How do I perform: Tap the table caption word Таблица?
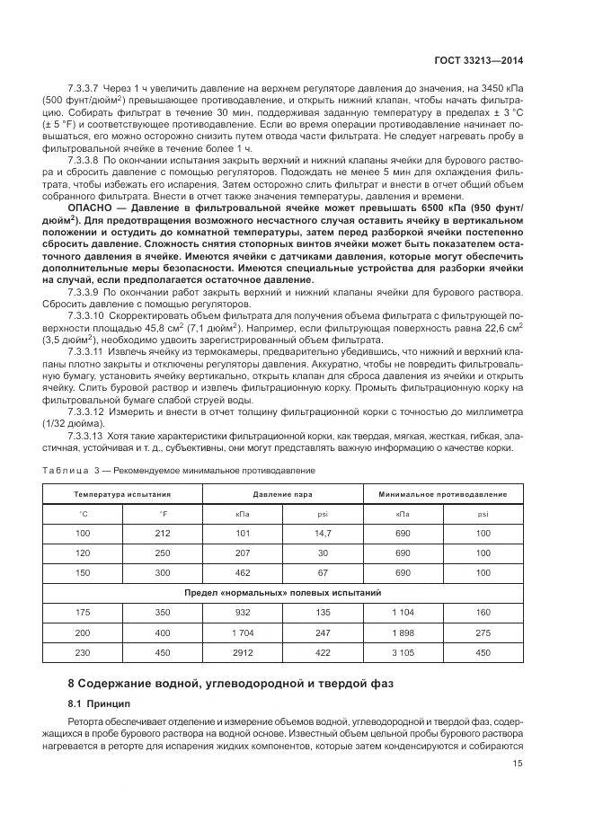click(x=64, y=470)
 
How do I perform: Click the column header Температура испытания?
click(x=122, y=494)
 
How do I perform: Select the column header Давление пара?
click(x=282, y=494)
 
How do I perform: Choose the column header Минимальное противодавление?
click(x=442, y=494)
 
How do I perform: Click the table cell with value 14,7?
click(x=324, y=535)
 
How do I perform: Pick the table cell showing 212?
click(x=163, y=535)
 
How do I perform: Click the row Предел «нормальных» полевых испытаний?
click(x=282, y=593)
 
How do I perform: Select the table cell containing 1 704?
click(x=243, y=632)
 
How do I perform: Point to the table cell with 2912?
click(x=243, y=651)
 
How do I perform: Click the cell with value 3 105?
click(x=403, y=651)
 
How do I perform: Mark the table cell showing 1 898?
click(x=403, y=632)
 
